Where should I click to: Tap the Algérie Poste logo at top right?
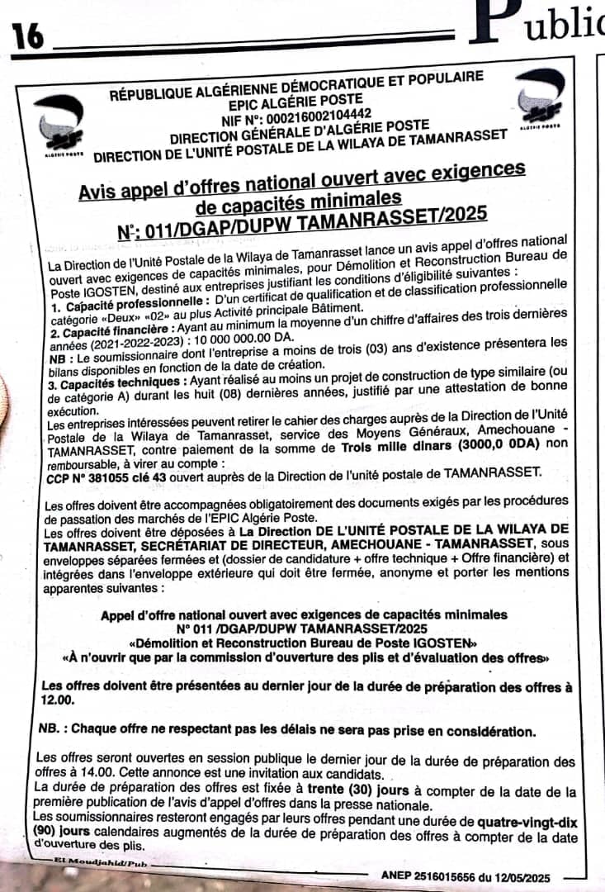[540, 99]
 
